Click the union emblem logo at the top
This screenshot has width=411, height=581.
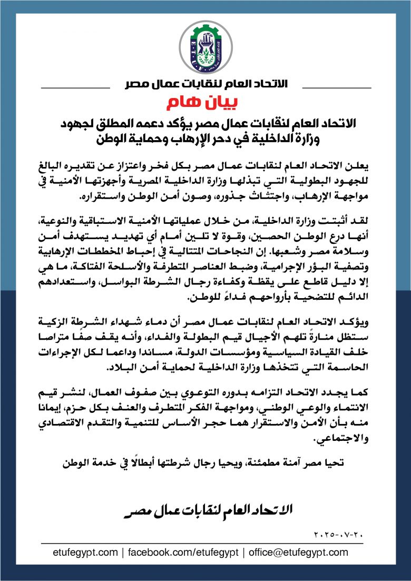205,46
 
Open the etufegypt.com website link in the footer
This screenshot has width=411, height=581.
85,553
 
